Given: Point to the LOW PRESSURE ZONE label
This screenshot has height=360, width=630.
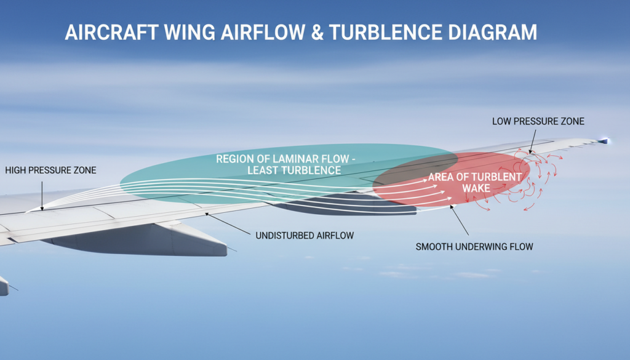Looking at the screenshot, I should coord(538,122).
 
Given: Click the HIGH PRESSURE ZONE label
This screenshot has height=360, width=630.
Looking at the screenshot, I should coord(50,170).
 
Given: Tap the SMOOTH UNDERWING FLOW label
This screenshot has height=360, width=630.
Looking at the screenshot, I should coord(474,247).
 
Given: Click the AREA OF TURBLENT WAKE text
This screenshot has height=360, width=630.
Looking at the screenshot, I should coord(475,182).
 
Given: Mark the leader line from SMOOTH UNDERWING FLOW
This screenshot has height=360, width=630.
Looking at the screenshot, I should coord(460,222).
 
